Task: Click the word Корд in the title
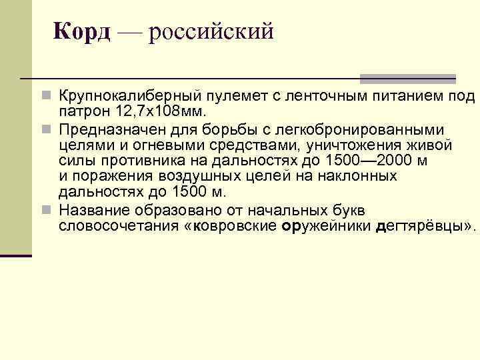click(81, 31)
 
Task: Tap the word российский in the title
click(211, 31)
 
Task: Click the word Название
click(91, 210)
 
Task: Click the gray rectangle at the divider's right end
click(408, 79)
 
